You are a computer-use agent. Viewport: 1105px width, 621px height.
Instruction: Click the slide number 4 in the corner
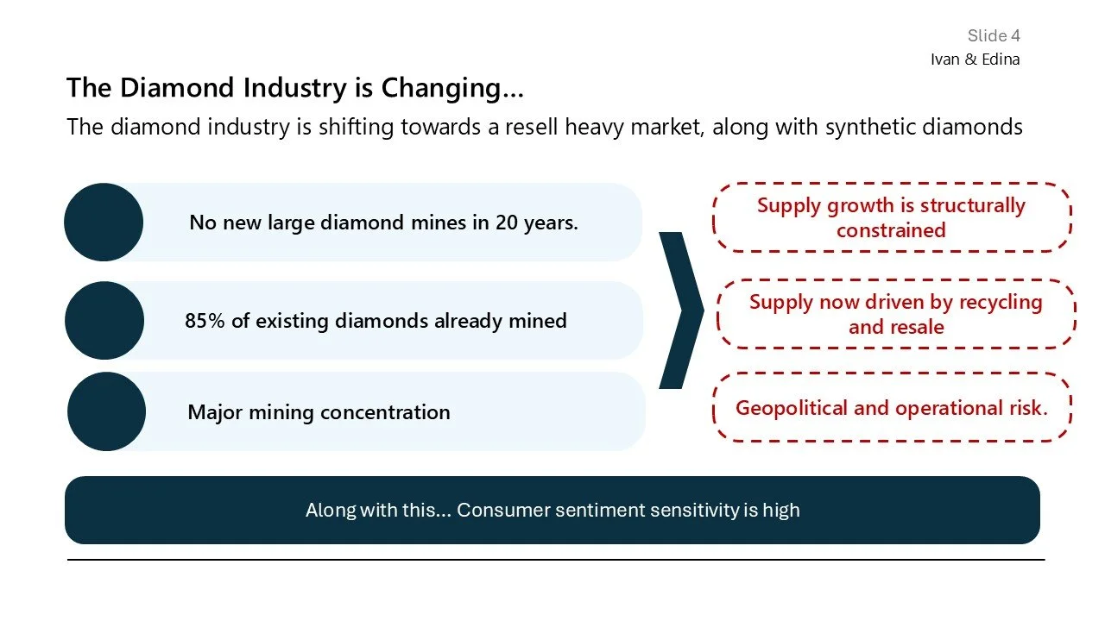(x=1015, y=35)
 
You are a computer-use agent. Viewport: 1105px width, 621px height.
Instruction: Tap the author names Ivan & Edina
(x=975, y=60)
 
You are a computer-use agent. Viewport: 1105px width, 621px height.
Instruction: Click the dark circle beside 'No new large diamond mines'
(x=104, y=222)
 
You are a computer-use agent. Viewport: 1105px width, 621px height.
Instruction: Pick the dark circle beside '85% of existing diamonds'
(x=104, y=321)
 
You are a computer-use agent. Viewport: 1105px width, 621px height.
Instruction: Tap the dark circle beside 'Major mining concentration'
(x=106, y=411)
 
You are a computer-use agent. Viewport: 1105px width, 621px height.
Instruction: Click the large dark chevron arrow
(x=682, y=310)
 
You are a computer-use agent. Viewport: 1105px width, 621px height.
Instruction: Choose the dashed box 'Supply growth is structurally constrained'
(x=891, y=217)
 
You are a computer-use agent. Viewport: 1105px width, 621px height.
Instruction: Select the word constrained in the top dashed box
(x=891, y=230)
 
